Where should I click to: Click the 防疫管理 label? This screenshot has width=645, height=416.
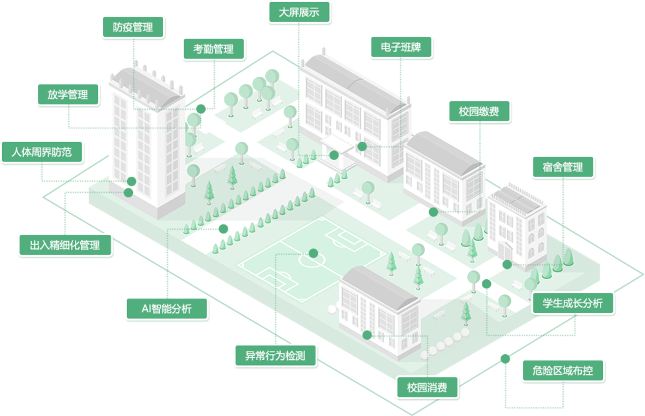(133, 27)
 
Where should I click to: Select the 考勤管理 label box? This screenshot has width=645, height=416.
(213, 49)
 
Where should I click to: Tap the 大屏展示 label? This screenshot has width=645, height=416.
(299, 12)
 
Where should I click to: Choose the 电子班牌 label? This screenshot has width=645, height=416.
(401, 47)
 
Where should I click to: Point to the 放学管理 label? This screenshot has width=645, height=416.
(68, 95)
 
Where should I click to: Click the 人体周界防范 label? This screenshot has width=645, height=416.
(41, 152)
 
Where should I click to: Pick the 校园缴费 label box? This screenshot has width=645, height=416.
(479, 112)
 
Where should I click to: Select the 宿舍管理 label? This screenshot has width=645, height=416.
(562, 167)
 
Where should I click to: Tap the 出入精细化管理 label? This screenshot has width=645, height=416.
(65, 245)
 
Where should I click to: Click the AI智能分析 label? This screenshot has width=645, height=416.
(166, 308)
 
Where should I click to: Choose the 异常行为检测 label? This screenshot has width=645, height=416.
(275, 355)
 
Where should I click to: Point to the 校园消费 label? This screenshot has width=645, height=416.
(427, 387)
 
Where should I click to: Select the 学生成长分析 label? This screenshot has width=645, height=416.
(573, 303)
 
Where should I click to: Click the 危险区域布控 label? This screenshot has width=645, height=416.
(562, 371)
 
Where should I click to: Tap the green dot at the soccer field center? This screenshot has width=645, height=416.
(313, 253)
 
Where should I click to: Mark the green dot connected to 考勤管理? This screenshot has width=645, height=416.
(201, 108)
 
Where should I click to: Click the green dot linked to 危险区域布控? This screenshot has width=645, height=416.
(505, 359)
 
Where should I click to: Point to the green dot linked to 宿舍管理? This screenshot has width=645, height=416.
(507, 264)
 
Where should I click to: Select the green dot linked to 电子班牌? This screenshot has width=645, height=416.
(362, 146)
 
